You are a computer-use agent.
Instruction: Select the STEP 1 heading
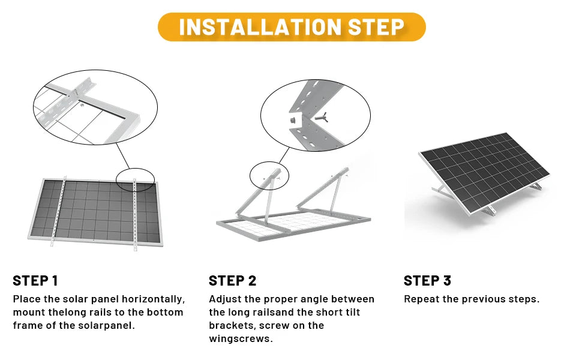coord(35,280)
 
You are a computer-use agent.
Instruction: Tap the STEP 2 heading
coord(232,280)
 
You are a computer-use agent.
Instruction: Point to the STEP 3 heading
coord(427,280)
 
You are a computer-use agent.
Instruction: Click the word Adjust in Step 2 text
coord(224,299)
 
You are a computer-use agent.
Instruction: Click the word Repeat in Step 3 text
coord(421,299)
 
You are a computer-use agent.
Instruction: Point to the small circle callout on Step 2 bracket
coord(269,176)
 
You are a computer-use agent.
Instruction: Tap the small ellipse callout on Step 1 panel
coord(135,179)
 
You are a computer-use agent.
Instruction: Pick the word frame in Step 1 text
coord(28,325)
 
